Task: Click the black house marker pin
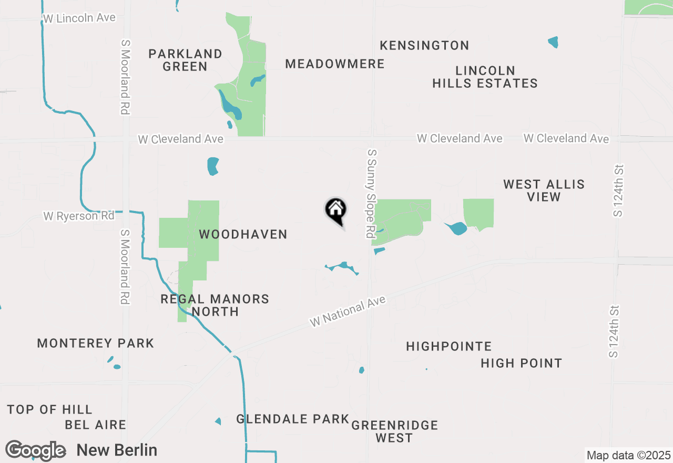335,211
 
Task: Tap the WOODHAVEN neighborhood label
243,235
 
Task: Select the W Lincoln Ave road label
79,18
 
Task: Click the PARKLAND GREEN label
185,60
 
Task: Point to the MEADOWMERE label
335,64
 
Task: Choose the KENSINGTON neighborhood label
424,46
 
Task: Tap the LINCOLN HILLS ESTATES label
485,77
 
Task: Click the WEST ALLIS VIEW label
544,190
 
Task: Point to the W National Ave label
348,311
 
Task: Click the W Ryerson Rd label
79,216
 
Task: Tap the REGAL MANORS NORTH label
215,305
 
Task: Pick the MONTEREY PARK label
96,344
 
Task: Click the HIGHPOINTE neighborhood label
449,347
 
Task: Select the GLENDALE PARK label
292,419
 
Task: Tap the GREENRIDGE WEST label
394,431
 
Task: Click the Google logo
36,450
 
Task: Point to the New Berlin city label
117,450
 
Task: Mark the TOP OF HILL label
50,409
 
